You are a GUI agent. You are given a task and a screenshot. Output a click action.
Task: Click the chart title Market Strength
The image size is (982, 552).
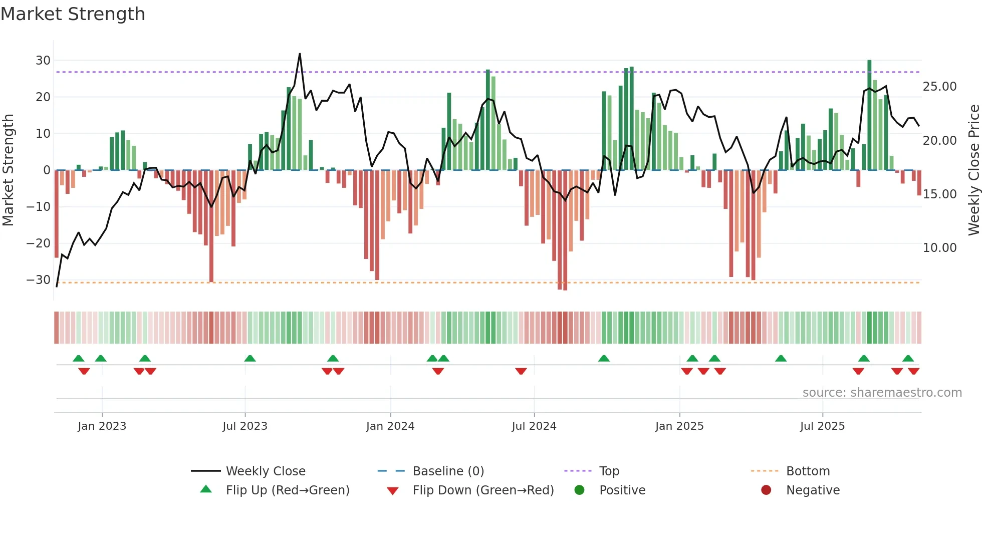[73, 14]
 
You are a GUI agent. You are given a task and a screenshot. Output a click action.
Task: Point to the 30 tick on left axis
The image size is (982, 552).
[43, 61]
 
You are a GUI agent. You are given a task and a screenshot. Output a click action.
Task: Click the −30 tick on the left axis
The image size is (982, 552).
[39, 280]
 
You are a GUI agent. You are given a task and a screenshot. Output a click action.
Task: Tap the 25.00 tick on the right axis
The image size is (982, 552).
[939, 87]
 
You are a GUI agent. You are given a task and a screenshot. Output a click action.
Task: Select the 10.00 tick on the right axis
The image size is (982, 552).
[939, 248]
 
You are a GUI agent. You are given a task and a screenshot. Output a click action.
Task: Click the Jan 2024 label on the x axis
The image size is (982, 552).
[390, 426]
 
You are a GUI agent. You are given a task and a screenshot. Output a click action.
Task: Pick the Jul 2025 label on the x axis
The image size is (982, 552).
[822, 426]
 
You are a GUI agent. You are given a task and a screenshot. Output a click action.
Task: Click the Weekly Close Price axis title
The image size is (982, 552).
[973, 170]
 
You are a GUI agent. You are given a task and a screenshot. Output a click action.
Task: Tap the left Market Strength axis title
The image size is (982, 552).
[8, 170]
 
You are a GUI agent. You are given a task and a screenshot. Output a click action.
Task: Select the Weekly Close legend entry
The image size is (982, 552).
[265, 471]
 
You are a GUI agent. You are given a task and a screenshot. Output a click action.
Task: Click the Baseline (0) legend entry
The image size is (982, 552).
[448, 471]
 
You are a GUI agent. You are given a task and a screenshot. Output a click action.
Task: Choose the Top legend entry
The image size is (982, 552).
[609, 471]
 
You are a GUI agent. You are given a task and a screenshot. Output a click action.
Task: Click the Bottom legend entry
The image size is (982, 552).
[808, 471]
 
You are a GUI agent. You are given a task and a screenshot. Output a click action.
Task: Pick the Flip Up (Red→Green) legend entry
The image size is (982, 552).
[287, 490]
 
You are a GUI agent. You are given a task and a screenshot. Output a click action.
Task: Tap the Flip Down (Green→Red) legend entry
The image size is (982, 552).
[483, 490]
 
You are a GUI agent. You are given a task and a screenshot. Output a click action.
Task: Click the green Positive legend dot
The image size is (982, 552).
[580, 490]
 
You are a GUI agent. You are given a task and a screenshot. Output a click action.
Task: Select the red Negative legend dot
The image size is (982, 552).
[766, 490]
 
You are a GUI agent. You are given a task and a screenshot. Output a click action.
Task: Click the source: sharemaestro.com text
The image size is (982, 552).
[882, 393]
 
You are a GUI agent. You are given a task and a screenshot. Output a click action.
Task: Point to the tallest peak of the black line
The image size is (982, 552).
[300, 54]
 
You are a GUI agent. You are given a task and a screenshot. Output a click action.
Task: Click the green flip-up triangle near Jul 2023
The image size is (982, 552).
[250, 358]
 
